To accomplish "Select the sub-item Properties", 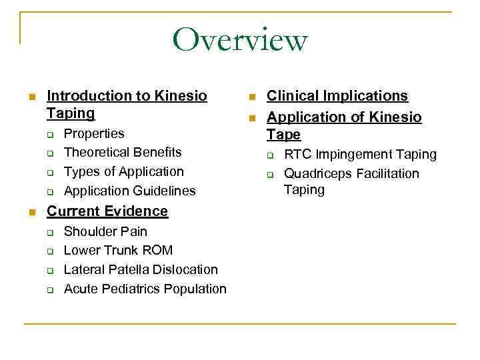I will point(94,133).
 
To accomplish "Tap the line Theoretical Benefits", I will point(123,152).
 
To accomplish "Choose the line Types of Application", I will point(123,171).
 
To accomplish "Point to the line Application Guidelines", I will point(129,191).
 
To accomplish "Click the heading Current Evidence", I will point(107,211).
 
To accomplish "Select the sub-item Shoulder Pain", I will point(105,231).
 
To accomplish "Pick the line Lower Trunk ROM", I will point(118,251).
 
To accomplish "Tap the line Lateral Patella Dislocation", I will point(141,269).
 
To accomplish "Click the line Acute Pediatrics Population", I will point(145,289).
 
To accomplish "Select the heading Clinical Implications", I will point(337,96).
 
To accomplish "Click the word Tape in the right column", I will point(284,135).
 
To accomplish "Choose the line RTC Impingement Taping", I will point(360,155).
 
